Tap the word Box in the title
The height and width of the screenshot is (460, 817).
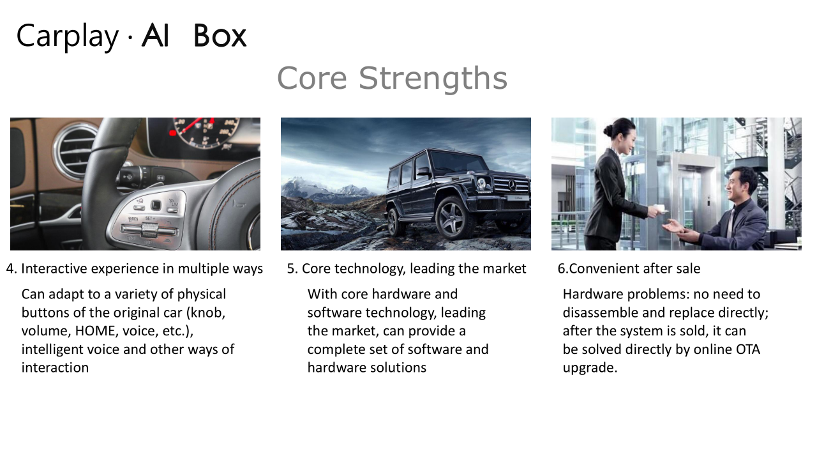coord(220,35)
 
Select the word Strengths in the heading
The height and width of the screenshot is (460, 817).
coord(433,79)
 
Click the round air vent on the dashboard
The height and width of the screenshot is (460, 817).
coord(75,150)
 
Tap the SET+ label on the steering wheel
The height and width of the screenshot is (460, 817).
coord(150,218)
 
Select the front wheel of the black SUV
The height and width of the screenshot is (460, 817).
coord(453,218)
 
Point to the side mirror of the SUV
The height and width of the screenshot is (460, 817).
coord(423,172)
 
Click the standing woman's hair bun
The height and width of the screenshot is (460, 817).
coord(608,130)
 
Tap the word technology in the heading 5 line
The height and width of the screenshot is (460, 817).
coord(370,269)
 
